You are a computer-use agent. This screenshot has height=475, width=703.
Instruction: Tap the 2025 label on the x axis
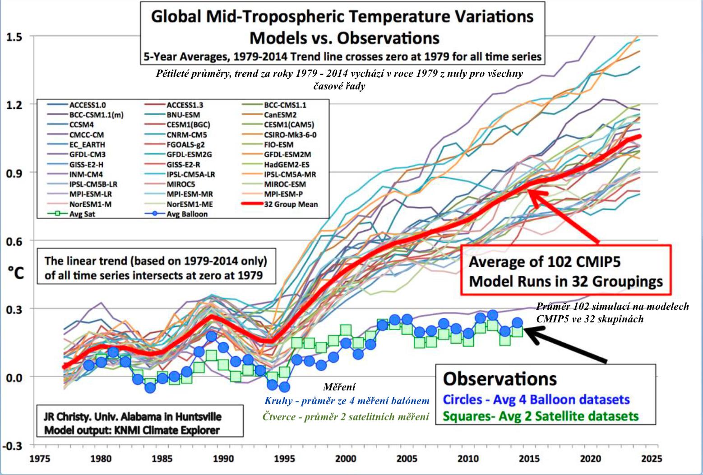coord(651,459)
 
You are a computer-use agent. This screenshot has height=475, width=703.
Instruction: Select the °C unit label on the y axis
coord(15,273)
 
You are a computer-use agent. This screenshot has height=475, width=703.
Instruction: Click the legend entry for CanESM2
coord(280,115)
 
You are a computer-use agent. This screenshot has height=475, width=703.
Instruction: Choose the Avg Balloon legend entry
coord(187,214)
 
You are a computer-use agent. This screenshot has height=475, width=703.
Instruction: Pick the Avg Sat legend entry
coord(82,214)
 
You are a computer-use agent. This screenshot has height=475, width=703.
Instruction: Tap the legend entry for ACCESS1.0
coord(88,105)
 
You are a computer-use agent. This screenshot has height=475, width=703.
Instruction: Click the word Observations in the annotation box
coord(500,379)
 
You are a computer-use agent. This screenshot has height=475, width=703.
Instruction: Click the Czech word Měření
coord(339,387)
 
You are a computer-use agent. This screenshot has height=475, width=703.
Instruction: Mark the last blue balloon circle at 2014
coord(518,322)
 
